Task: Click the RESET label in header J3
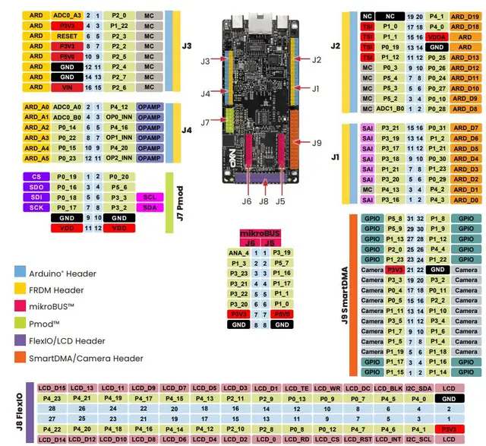coord(67,36)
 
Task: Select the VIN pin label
coord(67,87)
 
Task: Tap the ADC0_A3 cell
coord(67,15)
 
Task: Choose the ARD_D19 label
coord(465,15)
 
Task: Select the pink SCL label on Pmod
coord(150,197)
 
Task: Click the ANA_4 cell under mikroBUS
coord(238,252)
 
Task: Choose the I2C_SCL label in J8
coord(421,439)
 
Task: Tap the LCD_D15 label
coord(53,388)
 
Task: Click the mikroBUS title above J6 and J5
coord(260,232)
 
